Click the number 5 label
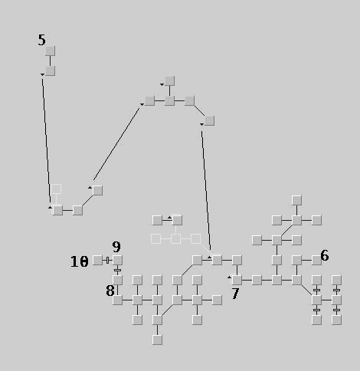pos(41,40)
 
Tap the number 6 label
pos(325,255)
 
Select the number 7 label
pos(235,294)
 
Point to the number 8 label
pos(110,291)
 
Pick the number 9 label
pos(116,247)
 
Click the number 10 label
pos(80,261)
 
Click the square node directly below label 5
pos(51,51)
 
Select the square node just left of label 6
pos(316,260)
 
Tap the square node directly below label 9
pos(117,260)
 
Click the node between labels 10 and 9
pos(97,260)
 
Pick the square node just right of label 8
pos(117,300)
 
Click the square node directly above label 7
pos(237,280)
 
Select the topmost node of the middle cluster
pos(170,80)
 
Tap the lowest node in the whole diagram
pos(157,340)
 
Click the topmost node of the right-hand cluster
pos(296,200)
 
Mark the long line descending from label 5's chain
pos(46,140)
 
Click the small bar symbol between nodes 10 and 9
pos(107,261)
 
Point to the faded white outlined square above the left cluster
pos(56,189)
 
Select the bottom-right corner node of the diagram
pos(336,320)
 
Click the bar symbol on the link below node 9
pos(117,270)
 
